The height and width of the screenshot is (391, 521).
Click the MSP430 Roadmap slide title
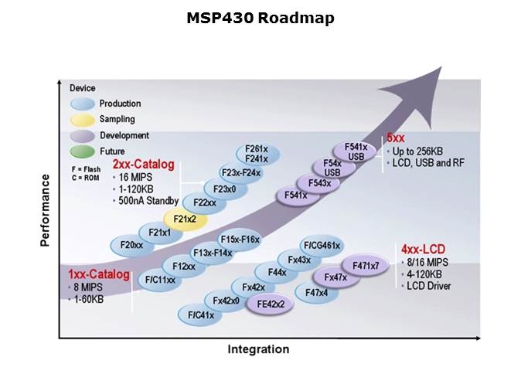260,18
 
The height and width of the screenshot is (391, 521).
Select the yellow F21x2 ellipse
185,219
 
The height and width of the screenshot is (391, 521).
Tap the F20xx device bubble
132,245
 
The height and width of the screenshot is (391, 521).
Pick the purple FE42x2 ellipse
271,304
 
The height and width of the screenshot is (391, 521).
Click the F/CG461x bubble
322,246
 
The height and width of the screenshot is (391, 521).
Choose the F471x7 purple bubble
366,266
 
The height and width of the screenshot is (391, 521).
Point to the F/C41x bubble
201,314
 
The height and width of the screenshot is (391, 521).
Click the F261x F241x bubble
256,154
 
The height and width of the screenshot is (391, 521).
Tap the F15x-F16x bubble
239,240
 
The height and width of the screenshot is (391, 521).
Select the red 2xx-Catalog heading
143,165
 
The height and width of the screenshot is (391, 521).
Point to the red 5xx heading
396,138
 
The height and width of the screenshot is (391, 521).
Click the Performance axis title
45,210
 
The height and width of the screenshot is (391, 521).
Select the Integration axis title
258,349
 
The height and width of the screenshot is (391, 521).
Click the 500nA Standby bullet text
149,201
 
